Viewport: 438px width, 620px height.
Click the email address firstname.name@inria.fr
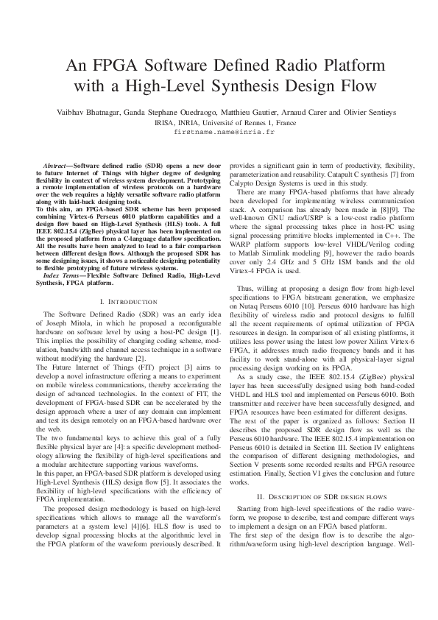[219, 133]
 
